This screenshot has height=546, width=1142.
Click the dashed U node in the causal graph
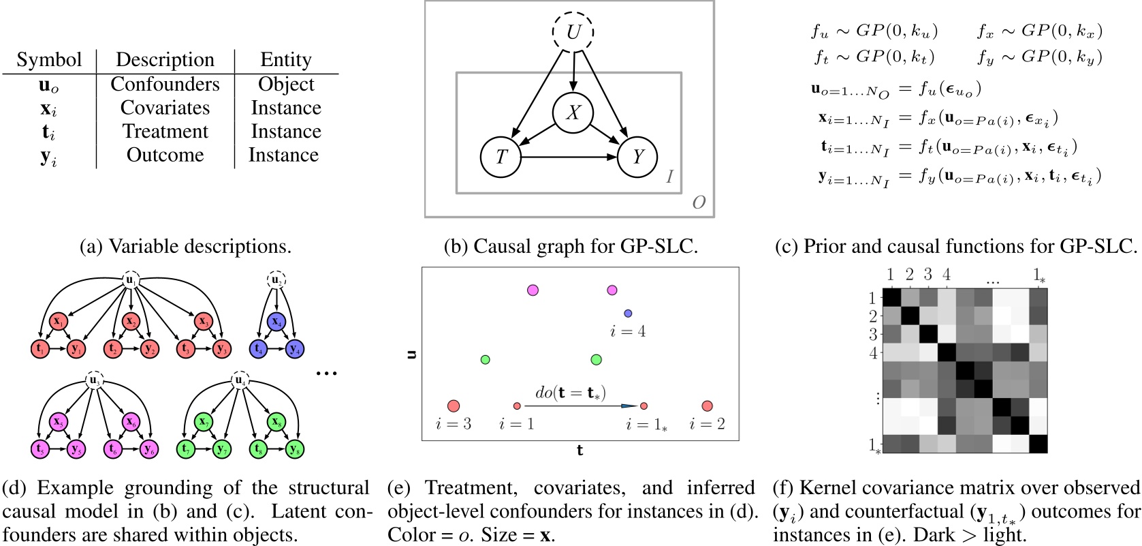573,32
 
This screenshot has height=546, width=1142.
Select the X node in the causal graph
573,112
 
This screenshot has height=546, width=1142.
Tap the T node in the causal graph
501,157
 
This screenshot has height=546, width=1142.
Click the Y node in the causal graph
637,157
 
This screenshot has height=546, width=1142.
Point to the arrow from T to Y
569,157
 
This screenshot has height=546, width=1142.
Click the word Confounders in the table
165,85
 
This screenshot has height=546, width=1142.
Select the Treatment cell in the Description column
165,132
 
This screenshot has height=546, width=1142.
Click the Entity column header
285,60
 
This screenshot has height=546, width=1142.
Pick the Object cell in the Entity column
286,85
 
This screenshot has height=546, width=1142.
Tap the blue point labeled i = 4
628,314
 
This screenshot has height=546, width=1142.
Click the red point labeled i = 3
454,406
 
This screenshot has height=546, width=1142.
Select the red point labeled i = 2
707,406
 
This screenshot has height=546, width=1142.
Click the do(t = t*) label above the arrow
570,393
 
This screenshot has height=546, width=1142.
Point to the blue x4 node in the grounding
276,321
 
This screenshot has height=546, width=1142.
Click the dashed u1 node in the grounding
130,280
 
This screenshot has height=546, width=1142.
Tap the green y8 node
294,449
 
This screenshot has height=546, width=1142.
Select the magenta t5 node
40,449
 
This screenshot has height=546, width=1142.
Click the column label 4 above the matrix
947,275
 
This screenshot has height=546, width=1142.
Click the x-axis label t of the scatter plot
580,450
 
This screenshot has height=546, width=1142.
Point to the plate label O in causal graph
698,202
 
